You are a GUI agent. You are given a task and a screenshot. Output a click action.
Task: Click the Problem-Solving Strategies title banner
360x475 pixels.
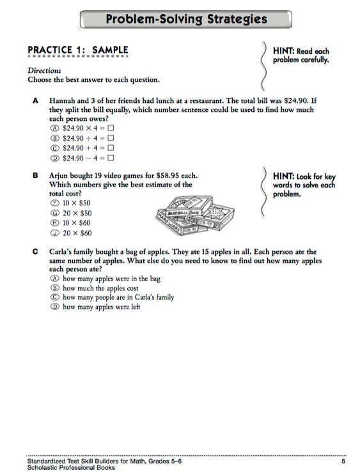point(186,19)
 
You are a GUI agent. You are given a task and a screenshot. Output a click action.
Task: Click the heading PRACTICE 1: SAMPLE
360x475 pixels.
point(77,50)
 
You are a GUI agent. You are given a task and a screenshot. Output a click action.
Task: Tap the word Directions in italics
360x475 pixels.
point(44,71)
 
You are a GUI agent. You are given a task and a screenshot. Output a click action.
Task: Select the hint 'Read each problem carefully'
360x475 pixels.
point(301,55)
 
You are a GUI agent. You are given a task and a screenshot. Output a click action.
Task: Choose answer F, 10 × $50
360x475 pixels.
point(71,203)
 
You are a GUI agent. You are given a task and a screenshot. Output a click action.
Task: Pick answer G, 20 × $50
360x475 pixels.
point(71,213)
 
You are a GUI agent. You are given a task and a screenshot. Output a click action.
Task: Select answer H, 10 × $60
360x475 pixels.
point(71,223)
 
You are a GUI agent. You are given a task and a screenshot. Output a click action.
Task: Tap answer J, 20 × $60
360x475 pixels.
point(71,233)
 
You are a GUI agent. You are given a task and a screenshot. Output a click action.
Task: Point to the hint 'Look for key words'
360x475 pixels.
point(303,185)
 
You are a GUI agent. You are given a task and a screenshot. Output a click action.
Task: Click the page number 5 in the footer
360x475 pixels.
point(343,461)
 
